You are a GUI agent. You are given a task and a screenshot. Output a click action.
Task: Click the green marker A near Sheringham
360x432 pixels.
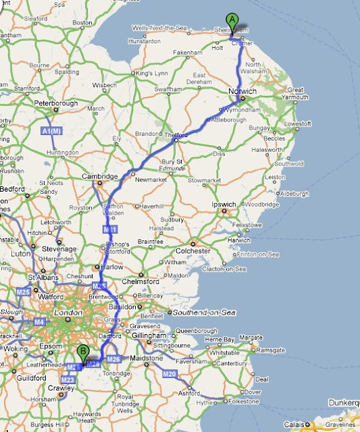(232, 20)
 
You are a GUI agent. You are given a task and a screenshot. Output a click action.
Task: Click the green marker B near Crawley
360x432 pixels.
(83, 351)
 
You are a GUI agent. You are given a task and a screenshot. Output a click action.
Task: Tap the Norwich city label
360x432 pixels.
(242, 91)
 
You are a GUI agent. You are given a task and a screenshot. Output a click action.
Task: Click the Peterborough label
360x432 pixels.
(56, 103)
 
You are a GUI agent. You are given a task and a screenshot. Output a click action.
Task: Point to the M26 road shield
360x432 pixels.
(114, 358)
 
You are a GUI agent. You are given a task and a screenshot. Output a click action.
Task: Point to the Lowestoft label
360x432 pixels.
(297, 124)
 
